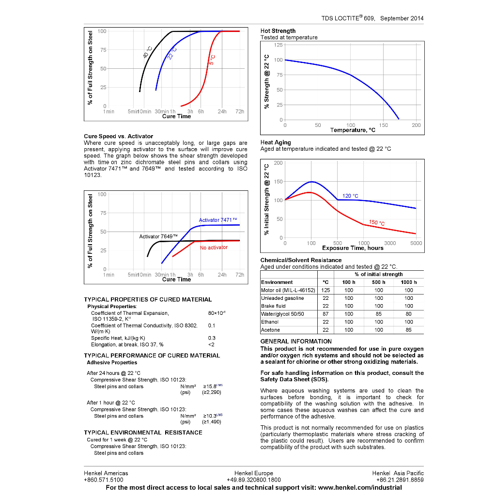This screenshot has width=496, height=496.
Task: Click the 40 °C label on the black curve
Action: [148, 53]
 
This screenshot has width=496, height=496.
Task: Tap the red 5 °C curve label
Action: [212, 60]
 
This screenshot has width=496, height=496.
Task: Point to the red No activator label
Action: [214, 248]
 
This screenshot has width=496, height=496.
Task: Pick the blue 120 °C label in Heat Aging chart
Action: [350, 196]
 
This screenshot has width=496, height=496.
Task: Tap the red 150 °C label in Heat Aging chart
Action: [377, 223]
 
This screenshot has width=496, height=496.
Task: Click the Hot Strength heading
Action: [278, 31]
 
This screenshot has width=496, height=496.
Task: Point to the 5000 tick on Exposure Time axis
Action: [416, 243]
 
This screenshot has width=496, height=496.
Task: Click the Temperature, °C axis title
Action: [353, 130]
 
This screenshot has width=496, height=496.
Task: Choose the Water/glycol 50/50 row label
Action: [282, 314]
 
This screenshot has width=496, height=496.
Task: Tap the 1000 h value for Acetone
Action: [408, 330]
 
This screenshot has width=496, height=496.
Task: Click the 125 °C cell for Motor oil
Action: [325, 290]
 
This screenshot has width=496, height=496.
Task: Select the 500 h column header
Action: [378, 282]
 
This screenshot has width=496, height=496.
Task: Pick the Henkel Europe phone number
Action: [253, 480]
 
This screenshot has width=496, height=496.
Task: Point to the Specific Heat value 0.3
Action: [212, 338]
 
